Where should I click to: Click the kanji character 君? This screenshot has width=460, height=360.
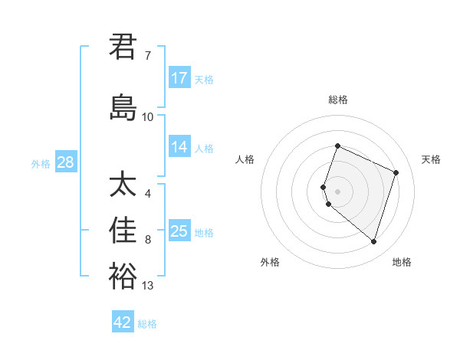[x=123, y=47]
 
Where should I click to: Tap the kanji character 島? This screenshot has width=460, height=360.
[x=123, y=107]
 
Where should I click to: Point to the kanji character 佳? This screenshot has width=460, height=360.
[x=123, y=231]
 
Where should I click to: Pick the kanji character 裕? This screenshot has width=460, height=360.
[x=123, y=277]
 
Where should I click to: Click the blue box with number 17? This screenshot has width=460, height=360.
[x=179, y=78]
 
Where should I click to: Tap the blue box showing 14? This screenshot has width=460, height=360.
[x=179, y=148]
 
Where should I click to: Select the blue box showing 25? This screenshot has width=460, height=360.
[x=179, y=231]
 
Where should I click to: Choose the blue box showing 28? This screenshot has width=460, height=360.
[x=65, y=162]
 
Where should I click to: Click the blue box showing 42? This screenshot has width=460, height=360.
[x=123, y=322]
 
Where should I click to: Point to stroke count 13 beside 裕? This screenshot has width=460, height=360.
[x=147, y=286]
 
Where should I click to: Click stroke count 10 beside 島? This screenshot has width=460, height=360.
[x=147, y=116]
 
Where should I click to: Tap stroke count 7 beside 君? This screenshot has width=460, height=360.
[x=147, y=56]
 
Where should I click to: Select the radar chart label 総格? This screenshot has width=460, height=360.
[x=337, y=100]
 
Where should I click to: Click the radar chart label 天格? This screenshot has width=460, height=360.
[x=431, y=159]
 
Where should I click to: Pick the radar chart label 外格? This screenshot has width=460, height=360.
[x=270, y=262]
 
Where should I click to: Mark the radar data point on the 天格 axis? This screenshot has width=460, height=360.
[x=396, y=172]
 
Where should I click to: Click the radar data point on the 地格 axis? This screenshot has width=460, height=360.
[x=373, y=241]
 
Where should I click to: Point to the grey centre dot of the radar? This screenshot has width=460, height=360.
[x=337, y=191]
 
